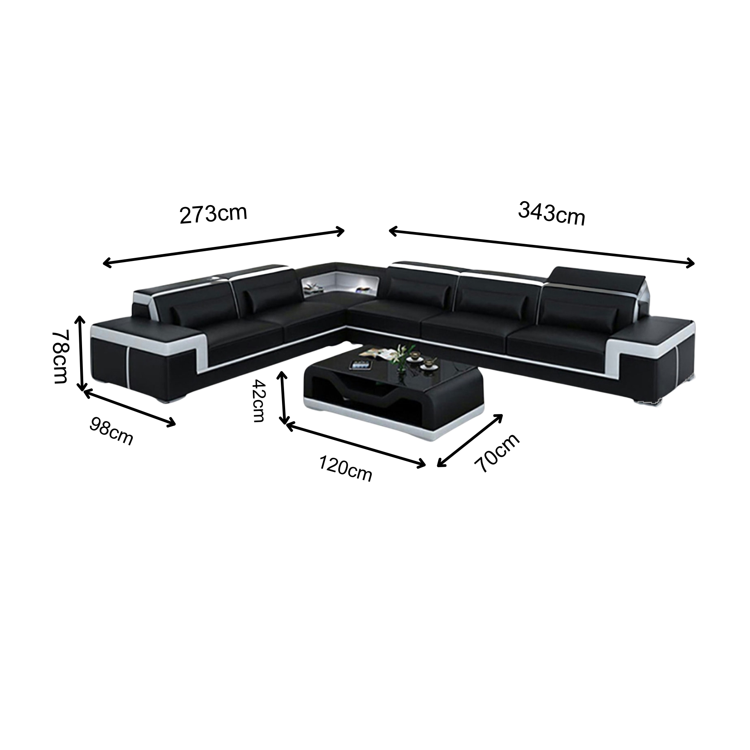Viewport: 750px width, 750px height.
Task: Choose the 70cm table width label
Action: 497,453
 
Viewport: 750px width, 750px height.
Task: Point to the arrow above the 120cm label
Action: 356,445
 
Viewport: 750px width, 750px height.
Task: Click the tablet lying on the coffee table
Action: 360,365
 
